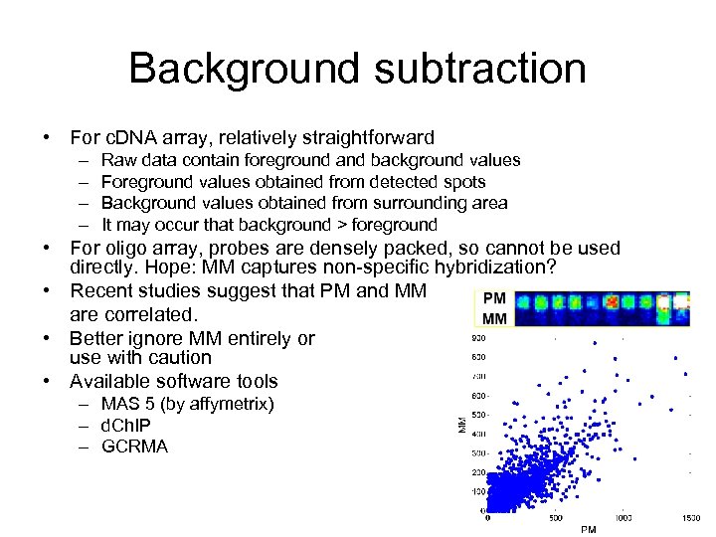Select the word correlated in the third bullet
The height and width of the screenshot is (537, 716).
[x=148, y=314]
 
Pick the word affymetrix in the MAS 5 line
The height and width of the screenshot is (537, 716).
[x=228, y=404]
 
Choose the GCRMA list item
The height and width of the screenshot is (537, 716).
[x=135, y=447]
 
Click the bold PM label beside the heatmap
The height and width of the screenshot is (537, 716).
[x=493, y=298]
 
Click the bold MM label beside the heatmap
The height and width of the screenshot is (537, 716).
[x=493, y=318]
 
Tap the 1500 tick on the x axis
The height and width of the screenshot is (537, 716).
[x=689, y=518]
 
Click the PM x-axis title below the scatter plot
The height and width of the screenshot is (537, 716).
[x=588, y=529]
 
